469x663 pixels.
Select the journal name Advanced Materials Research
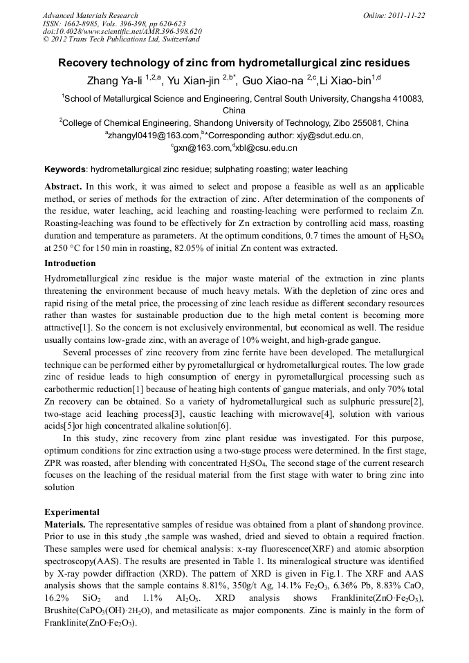90,15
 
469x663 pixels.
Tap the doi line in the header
122,31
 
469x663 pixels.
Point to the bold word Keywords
65,169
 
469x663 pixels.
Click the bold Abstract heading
64,187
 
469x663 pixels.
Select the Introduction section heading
70,263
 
